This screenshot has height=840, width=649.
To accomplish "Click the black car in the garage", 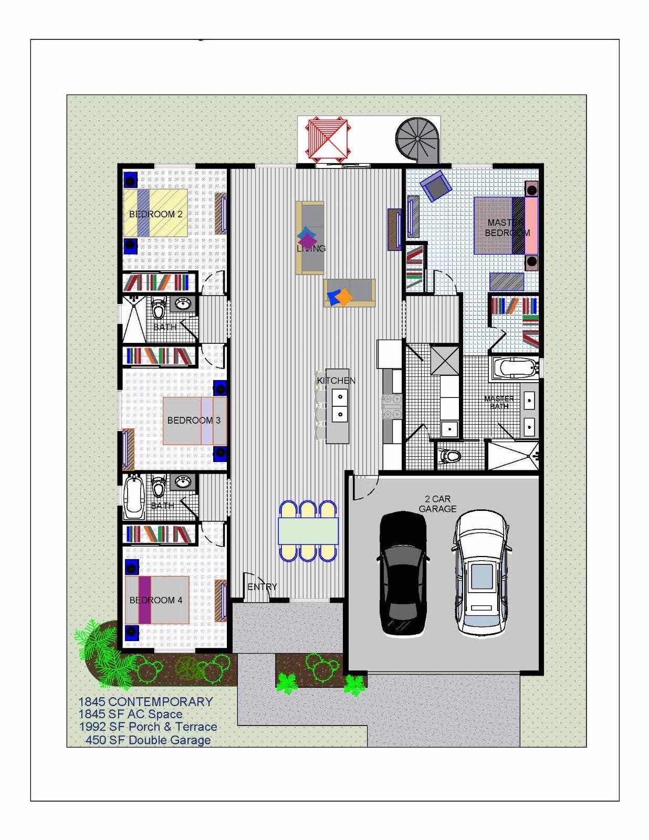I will point(403,573).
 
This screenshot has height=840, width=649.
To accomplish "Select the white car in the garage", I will point(481,573).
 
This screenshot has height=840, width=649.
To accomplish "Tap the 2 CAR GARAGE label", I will point(437,504).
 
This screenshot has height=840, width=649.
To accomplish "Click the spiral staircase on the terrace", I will point(416,139).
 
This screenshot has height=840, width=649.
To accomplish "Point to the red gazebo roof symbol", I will point(328,139).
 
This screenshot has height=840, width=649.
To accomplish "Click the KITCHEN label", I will point(336,381).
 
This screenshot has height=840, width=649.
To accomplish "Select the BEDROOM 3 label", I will point(194,421).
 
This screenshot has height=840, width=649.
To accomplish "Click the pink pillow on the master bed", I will point(531,226).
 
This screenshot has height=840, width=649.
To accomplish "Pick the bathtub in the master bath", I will point(515,367).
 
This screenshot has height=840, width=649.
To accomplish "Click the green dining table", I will point(308,531).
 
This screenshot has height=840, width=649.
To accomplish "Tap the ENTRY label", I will point(262,587).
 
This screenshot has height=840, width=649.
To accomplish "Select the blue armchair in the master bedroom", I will point(436,185).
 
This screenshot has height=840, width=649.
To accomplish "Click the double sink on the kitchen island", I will point(340,405).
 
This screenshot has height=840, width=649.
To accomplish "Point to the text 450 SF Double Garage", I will point(148,740).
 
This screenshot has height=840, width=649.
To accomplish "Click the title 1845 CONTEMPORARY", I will point(145,702).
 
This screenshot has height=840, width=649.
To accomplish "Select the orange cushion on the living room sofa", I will point(343,297).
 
